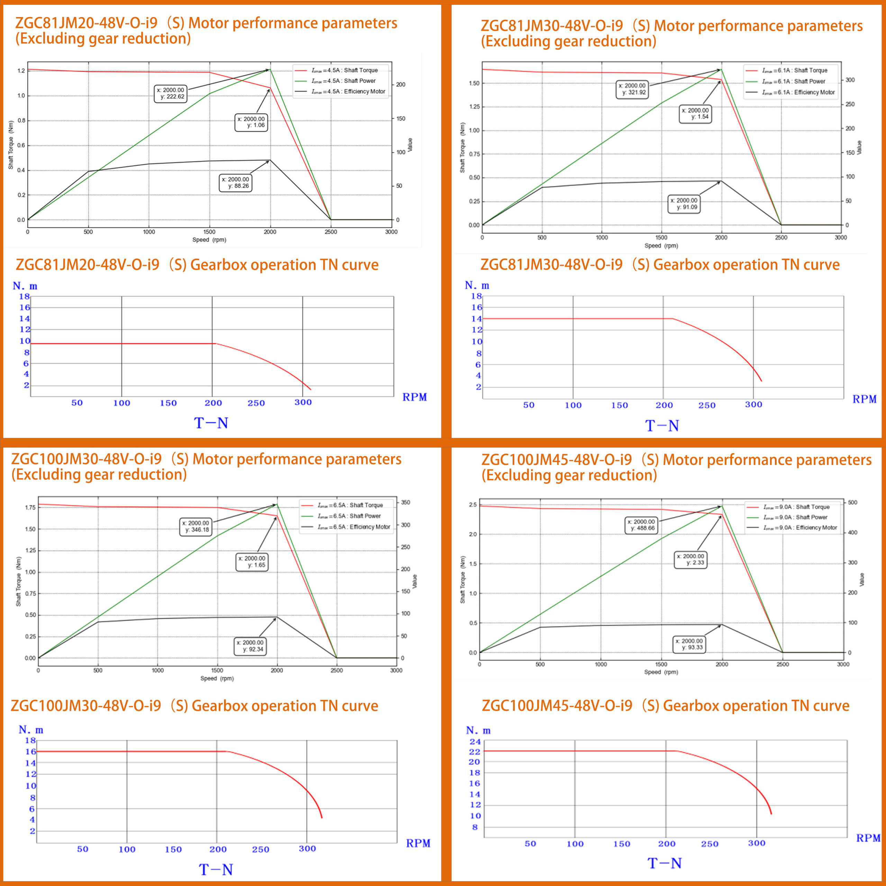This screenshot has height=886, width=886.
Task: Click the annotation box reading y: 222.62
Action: [x=171, y=93]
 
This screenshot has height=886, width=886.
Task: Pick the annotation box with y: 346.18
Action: [x=196, y=526]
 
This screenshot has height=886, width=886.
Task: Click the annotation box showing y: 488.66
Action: [x=642, y=525]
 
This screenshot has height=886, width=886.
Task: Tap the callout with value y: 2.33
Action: [x=691, y=560]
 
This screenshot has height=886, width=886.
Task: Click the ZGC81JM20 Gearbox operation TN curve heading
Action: [x=197, y=265]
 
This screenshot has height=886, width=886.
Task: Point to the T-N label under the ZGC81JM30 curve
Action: [x=662, y=426]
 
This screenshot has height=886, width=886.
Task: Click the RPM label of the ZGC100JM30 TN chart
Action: [x=418, y=843]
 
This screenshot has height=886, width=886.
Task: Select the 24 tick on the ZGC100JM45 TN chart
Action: [x=475, y=742]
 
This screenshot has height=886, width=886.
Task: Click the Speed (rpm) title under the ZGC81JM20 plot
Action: [x=209, y=240]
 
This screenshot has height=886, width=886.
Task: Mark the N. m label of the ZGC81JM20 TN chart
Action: [x=25, y=286]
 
